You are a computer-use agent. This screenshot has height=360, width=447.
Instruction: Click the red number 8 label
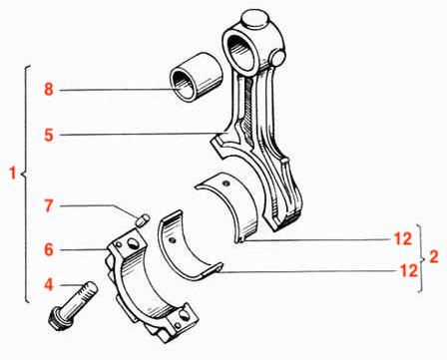49,90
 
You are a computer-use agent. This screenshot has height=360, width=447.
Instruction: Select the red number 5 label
49,135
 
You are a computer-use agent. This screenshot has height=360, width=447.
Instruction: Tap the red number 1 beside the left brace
13,173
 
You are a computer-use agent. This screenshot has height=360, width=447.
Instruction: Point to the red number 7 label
49,205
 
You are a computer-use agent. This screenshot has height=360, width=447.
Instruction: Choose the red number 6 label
49,249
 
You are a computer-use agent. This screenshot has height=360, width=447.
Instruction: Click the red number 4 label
49,284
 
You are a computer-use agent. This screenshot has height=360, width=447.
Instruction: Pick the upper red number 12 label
403,238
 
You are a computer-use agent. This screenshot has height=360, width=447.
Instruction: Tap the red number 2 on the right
434,256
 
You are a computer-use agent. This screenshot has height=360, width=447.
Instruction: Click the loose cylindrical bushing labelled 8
196,77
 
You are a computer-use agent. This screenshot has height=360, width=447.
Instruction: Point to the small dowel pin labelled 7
143,220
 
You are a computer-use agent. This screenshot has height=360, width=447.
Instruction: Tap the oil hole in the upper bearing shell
226,183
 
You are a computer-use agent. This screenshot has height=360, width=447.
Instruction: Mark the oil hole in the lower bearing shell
172,240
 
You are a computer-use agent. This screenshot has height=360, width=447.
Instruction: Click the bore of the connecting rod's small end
240,50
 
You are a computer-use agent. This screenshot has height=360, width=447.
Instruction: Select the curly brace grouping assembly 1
26,183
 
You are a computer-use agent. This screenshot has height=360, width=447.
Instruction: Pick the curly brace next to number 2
420,258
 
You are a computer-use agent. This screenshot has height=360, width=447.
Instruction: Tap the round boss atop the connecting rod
255,19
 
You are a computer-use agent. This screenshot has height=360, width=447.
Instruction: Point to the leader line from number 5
139,135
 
